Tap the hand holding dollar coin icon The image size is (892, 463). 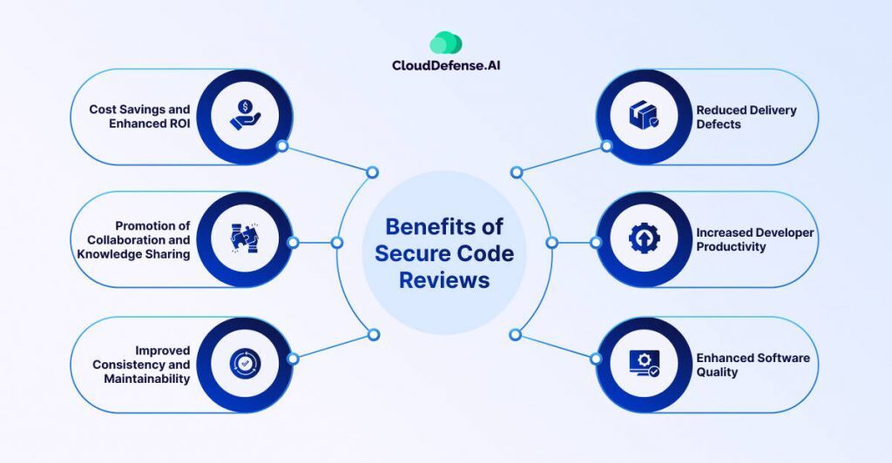[x=246, y=117]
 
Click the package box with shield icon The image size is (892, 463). [x=644, y=117]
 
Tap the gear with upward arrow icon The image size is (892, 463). [x=645, y=239]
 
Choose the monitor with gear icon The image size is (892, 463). [x=644, y=364]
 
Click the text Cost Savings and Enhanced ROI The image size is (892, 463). [x=139, y=117]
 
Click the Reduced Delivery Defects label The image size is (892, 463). [x=746, y=117]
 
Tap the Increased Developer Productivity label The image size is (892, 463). [x=754, y=239]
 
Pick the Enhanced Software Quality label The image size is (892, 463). [x=753, y=365]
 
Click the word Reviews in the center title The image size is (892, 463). [x=444, y=280]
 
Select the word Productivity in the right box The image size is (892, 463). [x=731, y=246]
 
